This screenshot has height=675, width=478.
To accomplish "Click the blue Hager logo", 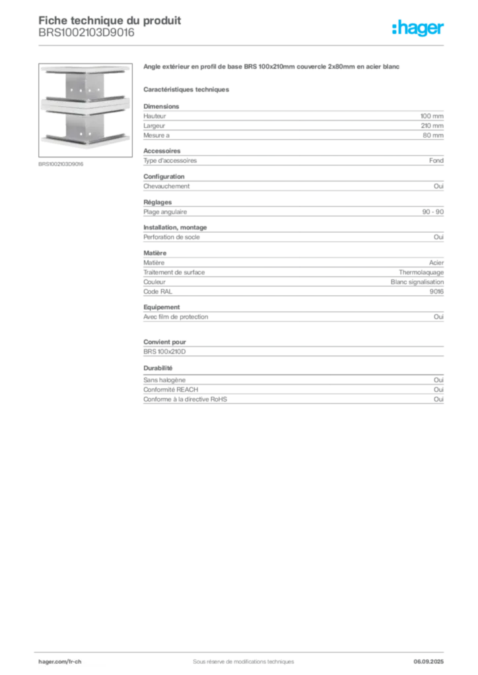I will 419,28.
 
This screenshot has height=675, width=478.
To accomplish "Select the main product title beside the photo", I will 271,68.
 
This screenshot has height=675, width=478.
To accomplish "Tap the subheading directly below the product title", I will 187,88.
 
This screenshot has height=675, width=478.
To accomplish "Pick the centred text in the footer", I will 239,657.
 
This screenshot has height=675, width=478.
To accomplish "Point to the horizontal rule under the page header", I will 290,44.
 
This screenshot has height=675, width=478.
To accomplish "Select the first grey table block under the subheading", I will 292,122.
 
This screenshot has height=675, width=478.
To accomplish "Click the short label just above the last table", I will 158,368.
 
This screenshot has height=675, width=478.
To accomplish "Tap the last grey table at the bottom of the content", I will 292,390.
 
